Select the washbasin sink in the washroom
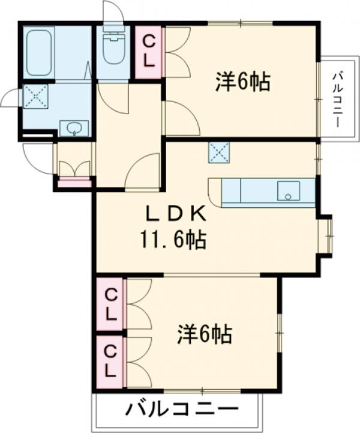73,128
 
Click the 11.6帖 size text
173,241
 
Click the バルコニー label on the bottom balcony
179,411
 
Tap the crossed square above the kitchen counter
217,151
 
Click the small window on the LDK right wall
328,235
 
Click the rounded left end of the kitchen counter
215,192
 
